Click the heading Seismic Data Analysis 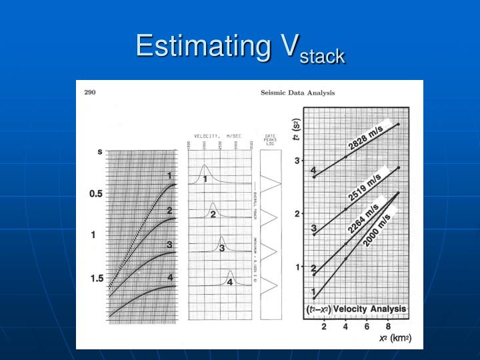[297, 93]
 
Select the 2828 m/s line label [365, 137]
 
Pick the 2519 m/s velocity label [365, 187]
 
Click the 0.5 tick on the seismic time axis [97, 194]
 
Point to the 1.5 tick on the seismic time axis [97, 278]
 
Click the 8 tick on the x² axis [388, 327]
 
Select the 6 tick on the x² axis [367, 327]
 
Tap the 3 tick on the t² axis [297, 161]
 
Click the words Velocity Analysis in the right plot [369, 309]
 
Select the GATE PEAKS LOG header [270, 139]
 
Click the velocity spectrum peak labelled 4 [230, 273]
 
